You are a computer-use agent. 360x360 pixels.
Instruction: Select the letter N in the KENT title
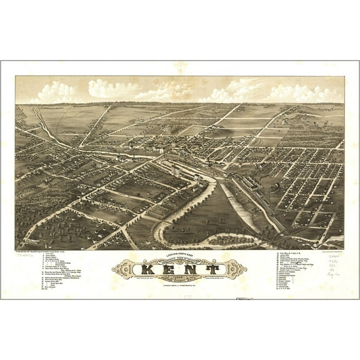pos(190,271)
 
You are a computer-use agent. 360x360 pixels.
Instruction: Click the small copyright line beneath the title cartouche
pos(180,286)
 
